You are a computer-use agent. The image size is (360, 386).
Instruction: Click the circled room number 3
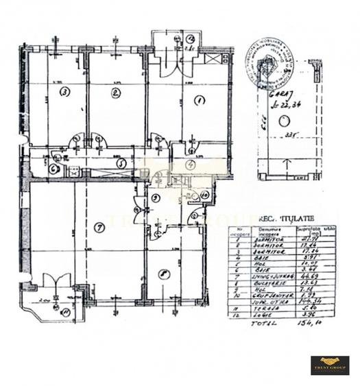tap(64, 91)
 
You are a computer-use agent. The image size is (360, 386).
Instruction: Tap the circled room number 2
tap(116, 93)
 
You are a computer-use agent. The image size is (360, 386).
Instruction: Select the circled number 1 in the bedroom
tap(200, 101)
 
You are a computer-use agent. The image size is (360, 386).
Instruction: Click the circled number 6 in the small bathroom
tap(53, 168)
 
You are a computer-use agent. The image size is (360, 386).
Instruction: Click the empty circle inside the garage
tap(283, 122)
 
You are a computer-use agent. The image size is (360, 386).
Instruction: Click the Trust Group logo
tap(330, 364)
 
